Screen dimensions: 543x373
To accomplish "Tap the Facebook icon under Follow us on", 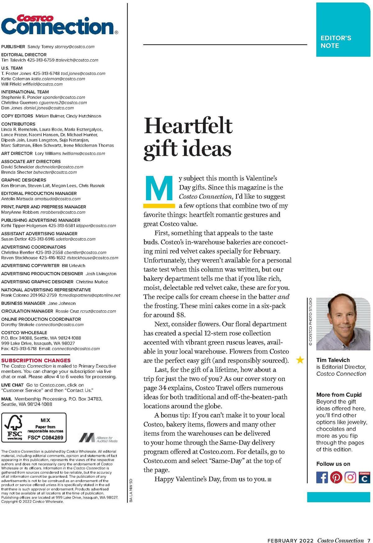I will click(322, 477).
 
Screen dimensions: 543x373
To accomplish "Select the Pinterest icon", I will click(336, 477).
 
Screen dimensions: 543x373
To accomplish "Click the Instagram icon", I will click(350, 477).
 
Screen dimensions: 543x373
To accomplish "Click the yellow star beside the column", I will click(300, 360).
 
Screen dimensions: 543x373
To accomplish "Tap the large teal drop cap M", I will click(159, 188).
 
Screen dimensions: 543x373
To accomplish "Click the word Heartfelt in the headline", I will click(188, 126).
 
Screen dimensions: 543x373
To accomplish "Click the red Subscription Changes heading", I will click(36, 360).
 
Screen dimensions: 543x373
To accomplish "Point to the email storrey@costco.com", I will click(75, 47).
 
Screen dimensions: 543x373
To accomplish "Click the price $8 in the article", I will click(181, 315).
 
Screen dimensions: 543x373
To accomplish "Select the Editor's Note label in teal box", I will click(336, 42).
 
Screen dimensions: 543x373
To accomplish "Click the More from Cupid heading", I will click(339, 395).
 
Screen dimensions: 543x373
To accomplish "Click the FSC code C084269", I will click(45, 438).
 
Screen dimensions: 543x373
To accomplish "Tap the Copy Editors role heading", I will click(17, 116).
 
